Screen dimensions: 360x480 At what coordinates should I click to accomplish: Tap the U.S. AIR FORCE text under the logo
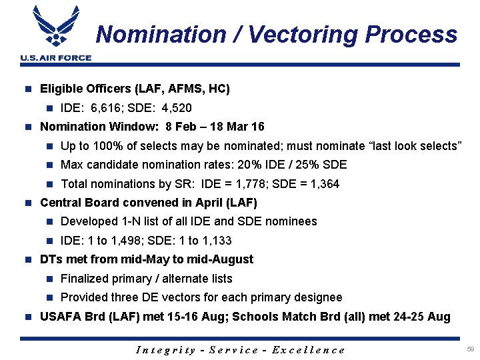coord(56,58)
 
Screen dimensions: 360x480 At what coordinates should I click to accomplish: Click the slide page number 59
coord(470,349)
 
